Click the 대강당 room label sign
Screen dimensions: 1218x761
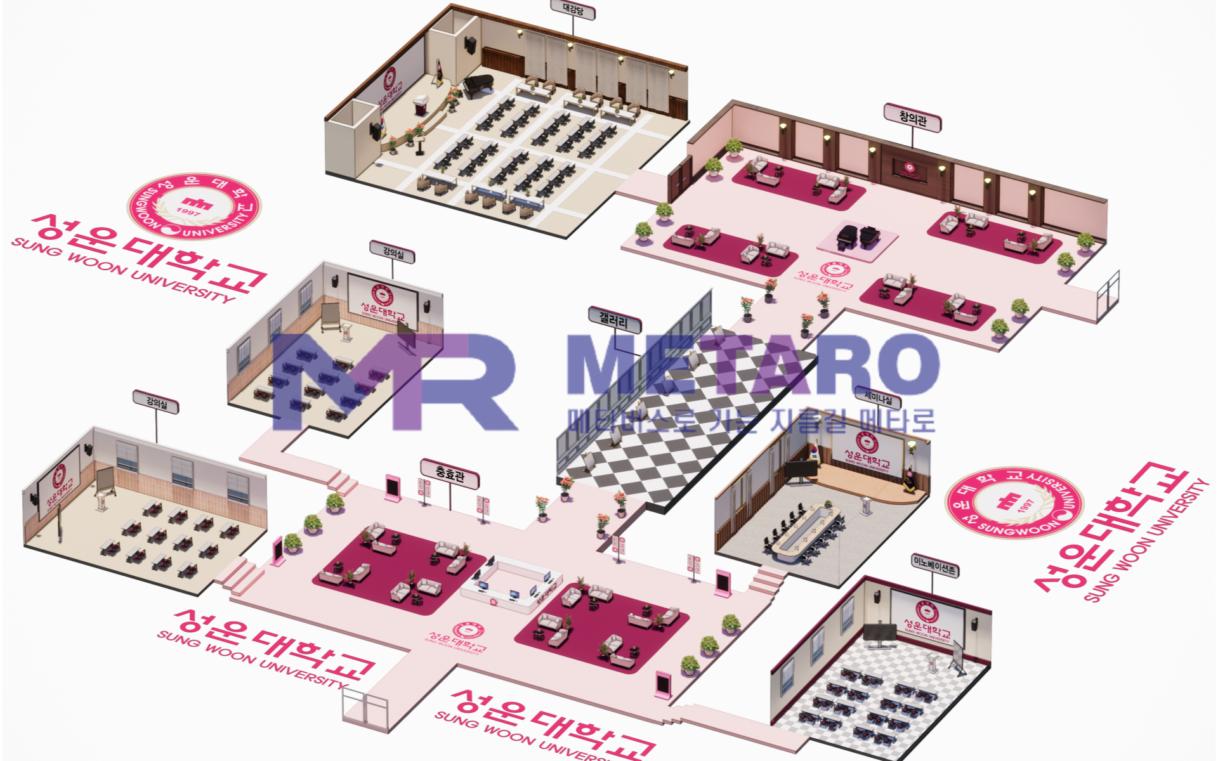[573, 10]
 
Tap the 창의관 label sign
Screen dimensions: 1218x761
[912, 118]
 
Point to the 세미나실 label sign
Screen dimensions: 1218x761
[878, 398]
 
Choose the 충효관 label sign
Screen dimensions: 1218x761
[450, 473]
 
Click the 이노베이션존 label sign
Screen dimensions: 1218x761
[934, 563]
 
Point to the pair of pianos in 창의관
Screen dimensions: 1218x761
[857, 236]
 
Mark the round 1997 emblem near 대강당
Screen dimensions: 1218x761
[194, 205]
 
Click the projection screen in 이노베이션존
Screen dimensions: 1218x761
[927, 615]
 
